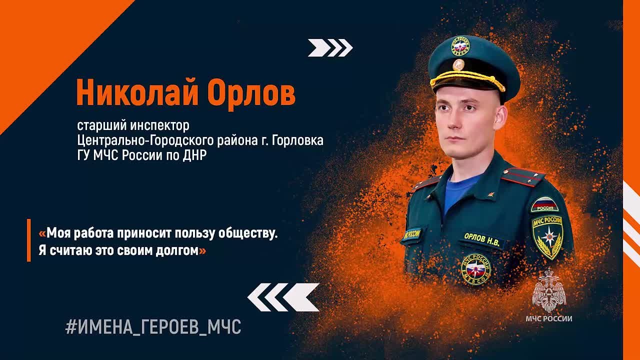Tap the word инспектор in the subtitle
pos(159,125)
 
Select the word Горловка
pos(297,140)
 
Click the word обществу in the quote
pos(248,233)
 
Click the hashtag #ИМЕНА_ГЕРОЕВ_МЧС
pos(153,327)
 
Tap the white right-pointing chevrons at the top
pos(330,47)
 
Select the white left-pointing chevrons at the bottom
pos(283,297)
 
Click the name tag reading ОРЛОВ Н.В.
pos(481,239)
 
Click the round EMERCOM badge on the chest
pos(476,269)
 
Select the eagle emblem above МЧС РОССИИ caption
pos(549,291)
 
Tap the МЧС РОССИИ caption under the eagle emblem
pos(549,318)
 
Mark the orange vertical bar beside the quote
pos(28,240)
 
